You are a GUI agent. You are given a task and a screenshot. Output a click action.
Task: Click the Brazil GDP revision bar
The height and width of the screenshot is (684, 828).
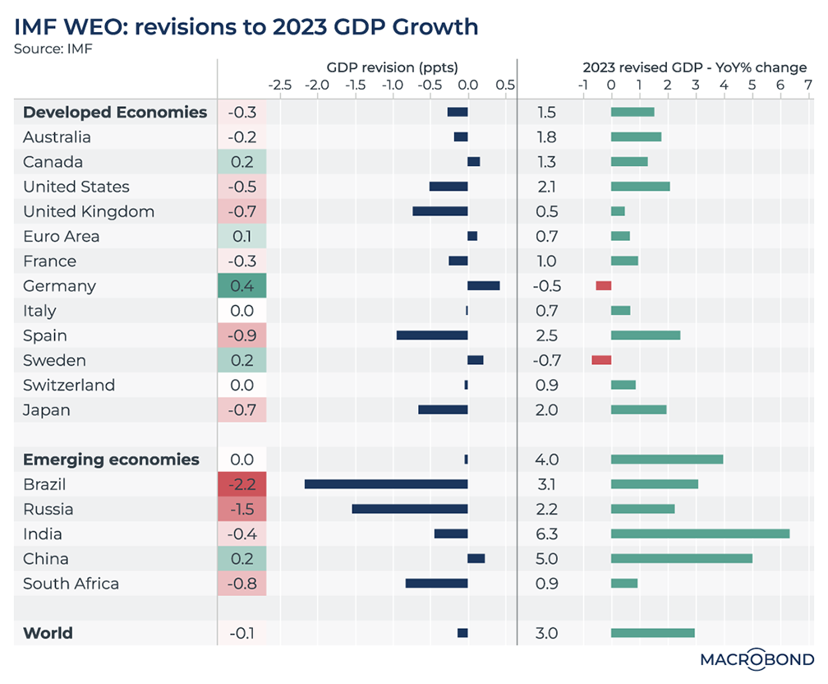[386, 484]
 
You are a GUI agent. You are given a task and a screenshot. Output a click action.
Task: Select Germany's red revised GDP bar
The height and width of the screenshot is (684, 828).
[604, 285]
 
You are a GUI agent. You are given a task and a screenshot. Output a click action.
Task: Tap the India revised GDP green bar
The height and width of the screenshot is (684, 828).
[700, 534]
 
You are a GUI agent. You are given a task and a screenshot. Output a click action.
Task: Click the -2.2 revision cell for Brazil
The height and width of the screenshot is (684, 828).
[242, 484]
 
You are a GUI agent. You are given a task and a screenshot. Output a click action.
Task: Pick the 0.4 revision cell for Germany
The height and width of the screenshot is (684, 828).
[242, 286]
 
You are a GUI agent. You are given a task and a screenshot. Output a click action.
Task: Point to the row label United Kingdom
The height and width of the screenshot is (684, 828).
[89, 211]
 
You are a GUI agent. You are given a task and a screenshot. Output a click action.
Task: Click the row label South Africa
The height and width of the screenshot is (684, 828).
[71, 584]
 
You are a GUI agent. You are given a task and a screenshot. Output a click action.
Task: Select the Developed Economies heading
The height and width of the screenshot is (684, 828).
[115, 113]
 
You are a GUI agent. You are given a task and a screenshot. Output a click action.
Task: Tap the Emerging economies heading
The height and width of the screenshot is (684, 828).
[111, 460]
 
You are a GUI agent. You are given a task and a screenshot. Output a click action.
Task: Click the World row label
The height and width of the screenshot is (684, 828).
[48, 633]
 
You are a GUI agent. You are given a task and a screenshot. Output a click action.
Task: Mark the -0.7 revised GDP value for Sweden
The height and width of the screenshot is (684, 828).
[546, 360]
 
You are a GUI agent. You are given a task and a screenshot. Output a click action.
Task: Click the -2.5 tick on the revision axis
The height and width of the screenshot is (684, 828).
[280, 85]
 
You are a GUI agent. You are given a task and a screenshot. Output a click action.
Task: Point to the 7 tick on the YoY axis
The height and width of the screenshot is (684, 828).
[808, 85]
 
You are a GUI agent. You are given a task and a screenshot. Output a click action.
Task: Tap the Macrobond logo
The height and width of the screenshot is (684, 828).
[757, 659]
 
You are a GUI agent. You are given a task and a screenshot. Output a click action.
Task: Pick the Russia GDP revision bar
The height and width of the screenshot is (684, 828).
[410, 509]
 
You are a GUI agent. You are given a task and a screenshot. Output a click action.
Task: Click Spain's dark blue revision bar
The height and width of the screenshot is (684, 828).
[432, 335]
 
